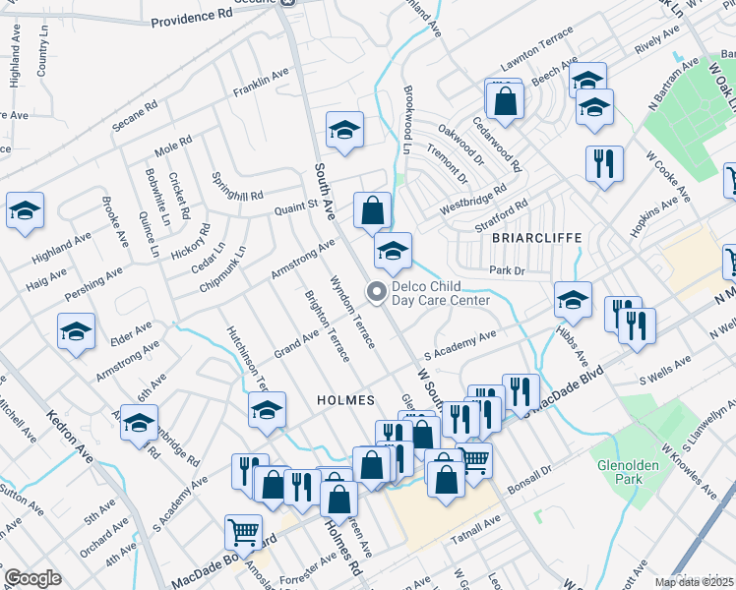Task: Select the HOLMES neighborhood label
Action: tap(344, 400)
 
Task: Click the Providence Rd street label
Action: tap(190, 18)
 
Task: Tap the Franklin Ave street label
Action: tap(261, 86)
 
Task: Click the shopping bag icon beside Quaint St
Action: tap(373, 210)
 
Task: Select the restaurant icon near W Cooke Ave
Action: tap(603, 163)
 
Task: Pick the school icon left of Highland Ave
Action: tap(25, 210)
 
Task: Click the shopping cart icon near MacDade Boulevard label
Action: tap(243, 533)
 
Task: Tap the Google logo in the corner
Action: tap(32, 577)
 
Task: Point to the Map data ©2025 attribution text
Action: tap(694, 582)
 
